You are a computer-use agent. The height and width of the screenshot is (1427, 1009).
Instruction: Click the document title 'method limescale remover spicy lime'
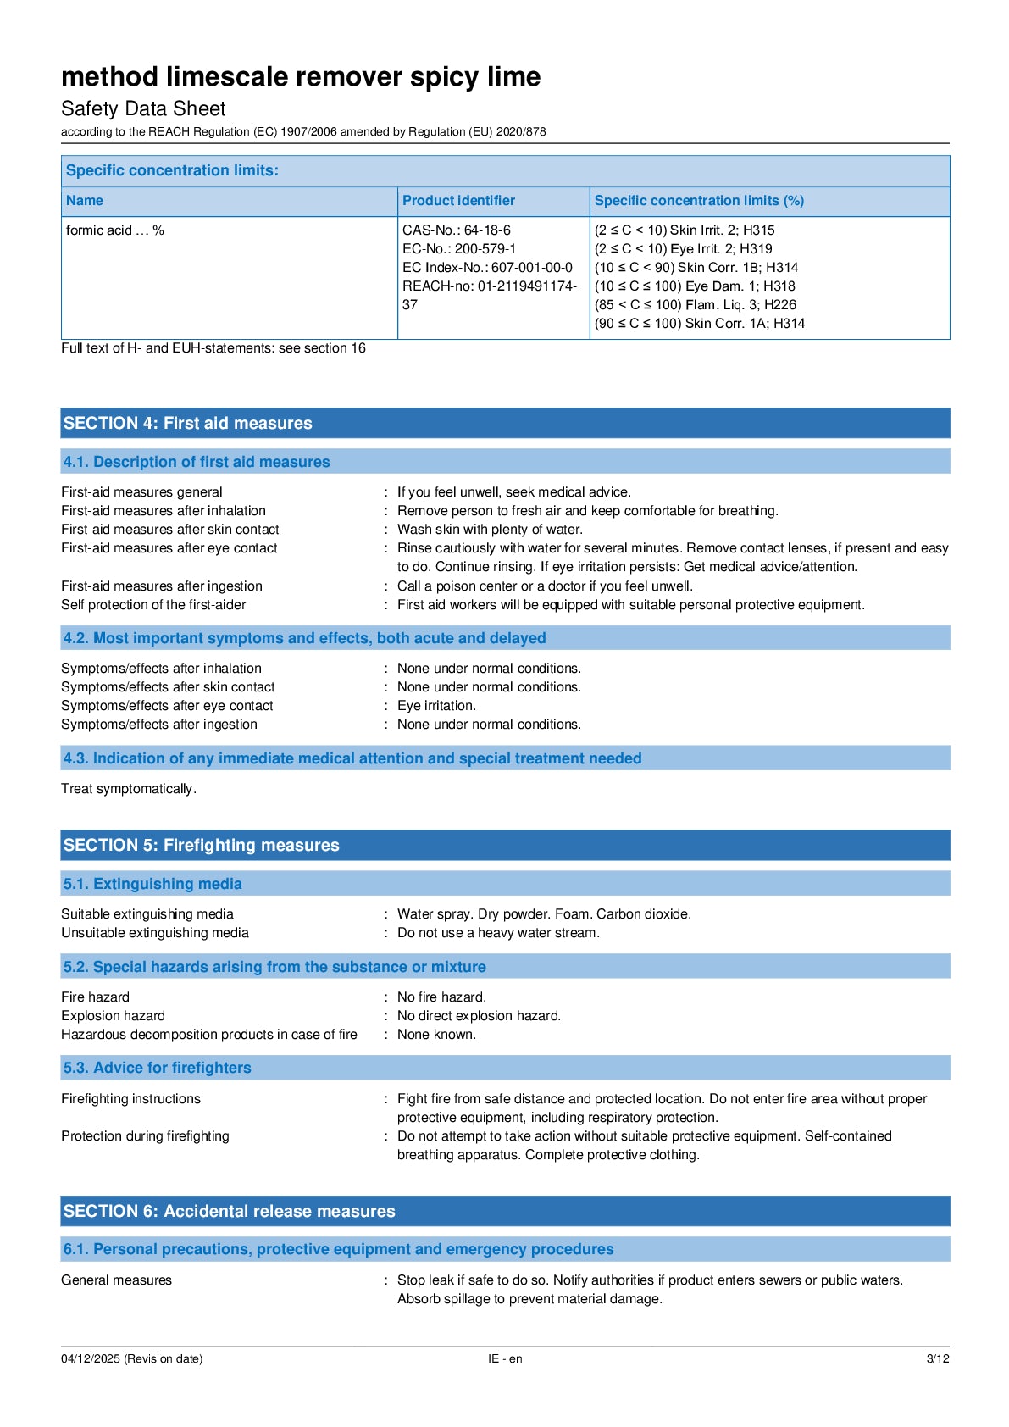pyautogui.click(x=301, y=77)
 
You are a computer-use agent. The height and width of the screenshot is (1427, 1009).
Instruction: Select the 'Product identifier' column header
pyautogui.click(x=458, y=201)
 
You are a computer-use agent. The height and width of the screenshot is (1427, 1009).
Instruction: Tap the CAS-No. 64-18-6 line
pyautogui.click(x=456, y=230)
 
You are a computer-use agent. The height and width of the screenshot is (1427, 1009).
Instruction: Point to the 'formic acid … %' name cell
pyautogui.click(x=115, y=230)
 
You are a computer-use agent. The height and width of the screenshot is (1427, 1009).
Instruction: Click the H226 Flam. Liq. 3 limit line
pyautogui.click(x=695, y=304)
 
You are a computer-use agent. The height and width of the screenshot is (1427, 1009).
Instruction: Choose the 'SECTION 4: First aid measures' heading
pyautogui.click(x=188, y=423)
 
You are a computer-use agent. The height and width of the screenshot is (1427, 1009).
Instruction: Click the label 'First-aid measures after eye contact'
pyautogui.click(x=169, y=548)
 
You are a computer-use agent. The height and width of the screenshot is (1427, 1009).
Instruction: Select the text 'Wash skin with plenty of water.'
pyautogui.click(x=490, y=530)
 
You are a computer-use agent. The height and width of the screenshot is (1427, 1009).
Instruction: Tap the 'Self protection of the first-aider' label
pyautogui.click(x=153, y=605)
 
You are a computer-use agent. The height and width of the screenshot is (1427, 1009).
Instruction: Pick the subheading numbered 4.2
pyautogui.click(x=304, y=638)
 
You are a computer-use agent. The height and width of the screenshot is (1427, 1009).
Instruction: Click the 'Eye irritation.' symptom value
pyautogui.click(x=436, y=706)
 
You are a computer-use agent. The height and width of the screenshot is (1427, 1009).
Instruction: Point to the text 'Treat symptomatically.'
pyautogui.click(x=129, y=789)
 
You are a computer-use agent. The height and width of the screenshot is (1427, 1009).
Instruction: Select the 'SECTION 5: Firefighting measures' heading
pyautogui.click(x=202, y=845)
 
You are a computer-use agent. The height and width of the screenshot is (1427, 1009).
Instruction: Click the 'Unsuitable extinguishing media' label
pyautogui.click(x=155, y=933)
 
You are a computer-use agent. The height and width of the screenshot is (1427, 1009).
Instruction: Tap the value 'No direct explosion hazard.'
pyautogui.click(x=479, y=1016)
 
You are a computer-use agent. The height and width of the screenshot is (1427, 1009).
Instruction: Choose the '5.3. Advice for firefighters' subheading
pyautogui.click(x=158, y=1068)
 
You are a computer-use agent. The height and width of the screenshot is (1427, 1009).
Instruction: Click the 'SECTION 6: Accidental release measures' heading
pyautogui.click(x=230, y=1211)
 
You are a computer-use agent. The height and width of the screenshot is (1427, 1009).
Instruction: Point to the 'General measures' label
pyautogui.click(x=116, y=1280)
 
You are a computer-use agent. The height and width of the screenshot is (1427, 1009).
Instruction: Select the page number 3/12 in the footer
pyautogui.click(x=937, y=1358)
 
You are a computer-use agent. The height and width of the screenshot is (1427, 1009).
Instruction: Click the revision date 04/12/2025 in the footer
pyautogui.click(x=131, y=1358)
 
